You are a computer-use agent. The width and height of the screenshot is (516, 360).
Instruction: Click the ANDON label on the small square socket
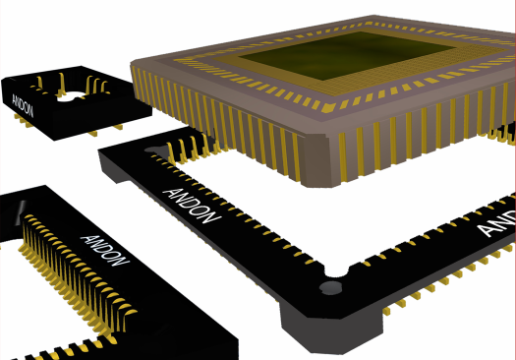23,105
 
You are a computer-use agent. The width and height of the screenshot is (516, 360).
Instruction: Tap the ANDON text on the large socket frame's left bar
192,206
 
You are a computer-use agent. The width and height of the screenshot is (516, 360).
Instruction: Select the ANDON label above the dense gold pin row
105,251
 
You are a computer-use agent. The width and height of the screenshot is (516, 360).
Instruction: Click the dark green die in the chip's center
346,55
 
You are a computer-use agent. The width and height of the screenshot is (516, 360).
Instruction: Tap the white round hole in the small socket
71,96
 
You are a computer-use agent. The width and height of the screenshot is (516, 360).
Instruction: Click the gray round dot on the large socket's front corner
331,288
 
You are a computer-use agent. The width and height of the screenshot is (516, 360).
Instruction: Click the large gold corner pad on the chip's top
328,107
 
